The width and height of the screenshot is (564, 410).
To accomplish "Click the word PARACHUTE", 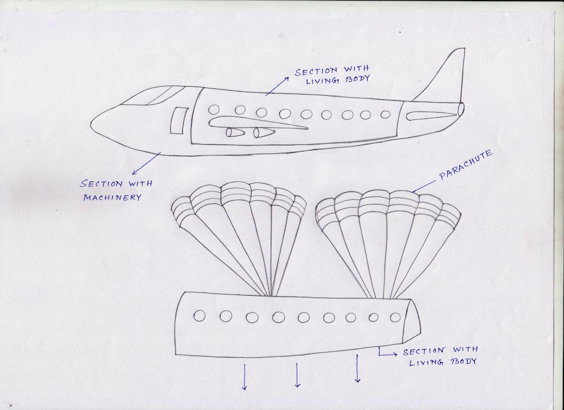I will tap(466, 167).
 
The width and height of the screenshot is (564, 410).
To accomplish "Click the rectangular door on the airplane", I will tap(179, 121).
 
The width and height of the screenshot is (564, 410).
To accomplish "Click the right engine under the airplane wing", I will tap(263, 133).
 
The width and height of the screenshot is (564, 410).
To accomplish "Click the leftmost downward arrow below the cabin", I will tap(244, 377).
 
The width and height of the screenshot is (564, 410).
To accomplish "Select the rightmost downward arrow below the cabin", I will tap(357, 369).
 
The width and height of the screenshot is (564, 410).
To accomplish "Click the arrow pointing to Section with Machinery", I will tap(146, 163).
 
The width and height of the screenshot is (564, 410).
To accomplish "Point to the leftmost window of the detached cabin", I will tap(199, 316).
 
